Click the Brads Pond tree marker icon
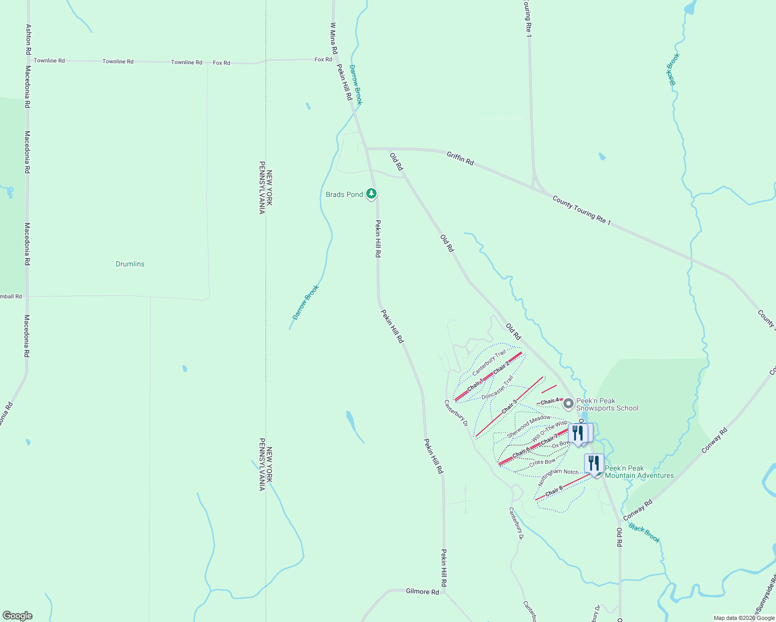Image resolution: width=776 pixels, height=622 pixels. coord(371,194)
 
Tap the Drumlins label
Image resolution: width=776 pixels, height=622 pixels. coord(130,264)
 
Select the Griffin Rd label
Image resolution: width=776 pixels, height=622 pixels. coord(460,158)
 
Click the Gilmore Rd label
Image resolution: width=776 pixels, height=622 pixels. coord(422,591)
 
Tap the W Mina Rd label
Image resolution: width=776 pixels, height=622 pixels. coord(334,38)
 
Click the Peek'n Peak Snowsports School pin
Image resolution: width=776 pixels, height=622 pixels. coord(569,403)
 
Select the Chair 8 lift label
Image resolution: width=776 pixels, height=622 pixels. coord(553,491)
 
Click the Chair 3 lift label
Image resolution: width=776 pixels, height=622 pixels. coord(509,406)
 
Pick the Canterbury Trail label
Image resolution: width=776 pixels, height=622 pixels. coord(489,363)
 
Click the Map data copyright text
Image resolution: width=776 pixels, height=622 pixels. coord(743,618)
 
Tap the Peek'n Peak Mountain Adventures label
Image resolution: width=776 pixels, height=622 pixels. coord(639,472)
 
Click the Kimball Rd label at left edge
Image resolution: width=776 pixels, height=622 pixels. coord(11,296)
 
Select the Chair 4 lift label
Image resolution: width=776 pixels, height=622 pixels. coord(550,402)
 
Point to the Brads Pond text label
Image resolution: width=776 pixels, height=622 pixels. coord(344,194)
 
